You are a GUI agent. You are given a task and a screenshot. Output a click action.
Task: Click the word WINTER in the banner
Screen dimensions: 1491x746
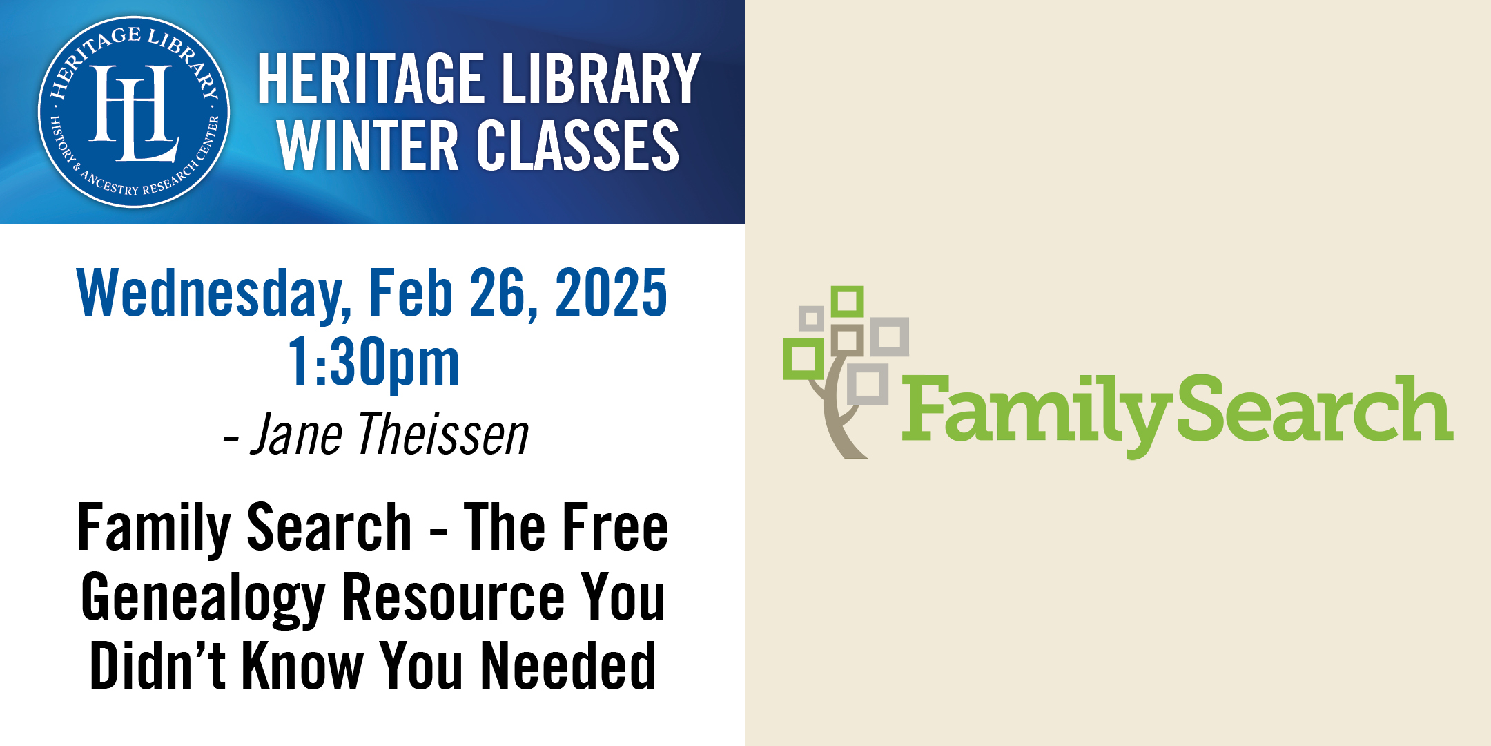click(368, 145)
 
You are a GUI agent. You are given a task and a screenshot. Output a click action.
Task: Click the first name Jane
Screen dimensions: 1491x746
click(296, 434)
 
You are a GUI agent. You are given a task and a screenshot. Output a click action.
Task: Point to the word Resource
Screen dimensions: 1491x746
click(454, 597)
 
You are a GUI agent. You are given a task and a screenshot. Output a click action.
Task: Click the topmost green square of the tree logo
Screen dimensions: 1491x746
click(847, 302)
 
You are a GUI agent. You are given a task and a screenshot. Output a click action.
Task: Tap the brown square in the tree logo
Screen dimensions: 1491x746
click(847, 340)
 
